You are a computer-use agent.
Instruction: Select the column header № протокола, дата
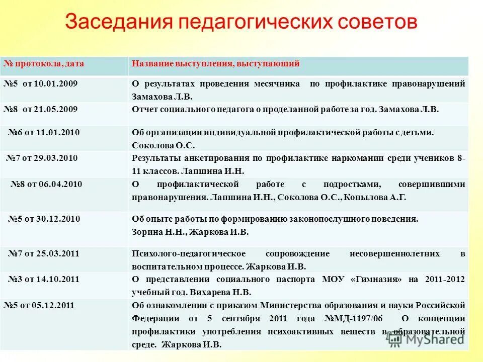44,63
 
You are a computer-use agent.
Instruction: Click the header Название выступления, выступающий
216,63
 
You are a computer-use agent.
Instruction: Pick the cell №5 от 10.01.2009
41,83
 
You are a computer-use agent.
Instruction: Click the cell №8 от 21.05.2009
41,109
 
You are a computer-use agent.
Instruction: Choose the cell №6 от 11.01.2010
44,132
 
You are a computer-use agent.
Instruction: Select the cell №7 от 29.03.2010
42,158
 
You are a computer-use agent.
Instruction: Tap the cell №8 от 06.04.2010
46,184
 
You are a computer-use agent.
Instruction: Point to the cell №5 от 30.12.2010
44,219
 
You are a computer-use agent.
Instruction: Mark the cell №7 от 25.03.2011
44,253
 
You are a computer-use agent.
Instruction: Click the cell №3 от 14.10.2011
44,279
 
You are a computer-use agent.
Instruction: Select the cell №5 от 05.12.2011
41,305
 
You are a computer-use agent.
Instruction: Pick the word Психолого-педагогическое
189,253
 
